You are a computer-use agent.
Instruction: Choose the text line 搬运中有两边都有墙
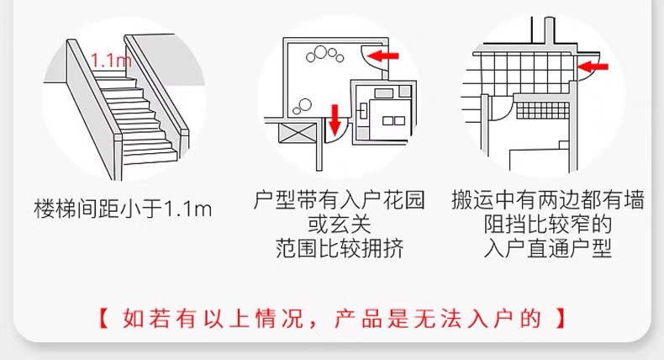[548, 201]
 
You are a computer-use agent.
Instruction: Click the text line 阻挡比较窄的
[548, 225]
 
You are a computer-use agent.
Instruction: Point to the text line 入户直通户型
[548, 250]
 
